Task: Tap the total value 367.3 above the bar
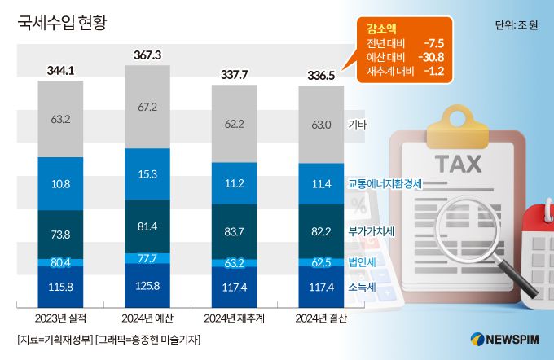coord(147,55)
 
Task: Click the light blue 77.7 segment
coord(147,258)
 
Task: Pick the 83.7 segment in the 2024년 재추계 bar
coord(235,231)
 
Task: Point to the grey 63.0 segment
coord(321,125)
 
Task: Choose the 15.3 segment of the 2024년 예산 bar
coord(147,173)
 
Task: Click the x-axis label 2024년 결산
coord(321,317)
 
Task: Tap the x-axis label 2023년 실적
coord(60,317)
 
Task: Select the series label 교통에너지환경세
coord(385,184)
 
